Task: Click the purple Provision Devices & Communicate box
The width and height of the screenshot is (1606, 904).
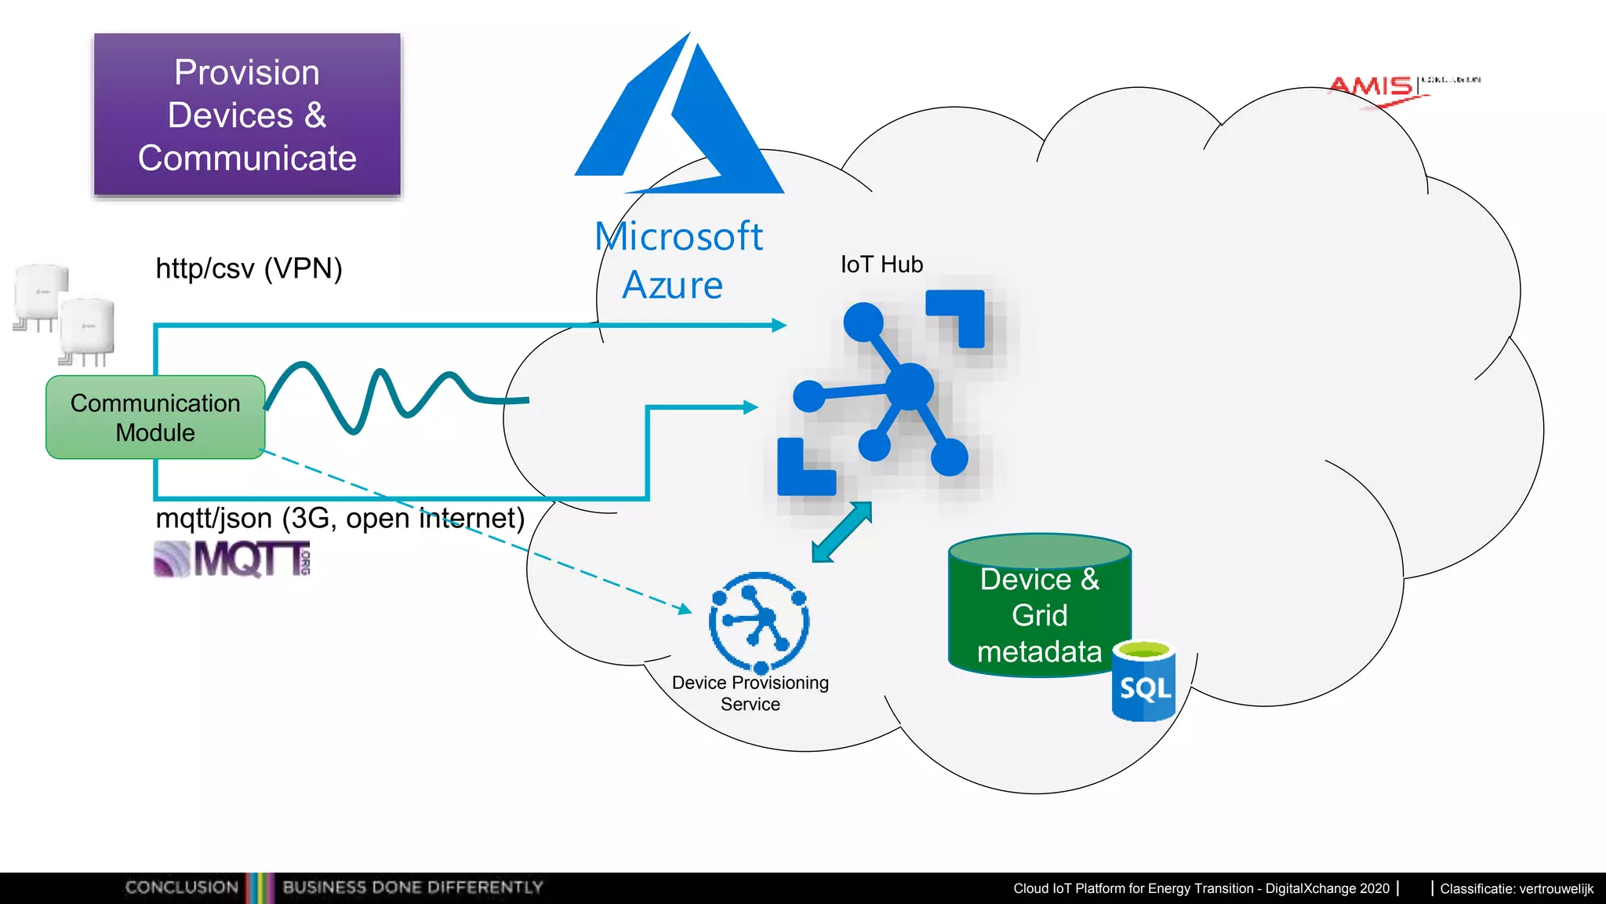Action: click(x=247, y=115)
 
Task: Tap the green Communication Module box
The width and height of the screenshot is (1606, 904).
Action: click(x=155, y=417)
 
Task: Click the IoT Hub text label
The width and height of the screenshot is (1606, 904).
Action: click(x=881, y=264)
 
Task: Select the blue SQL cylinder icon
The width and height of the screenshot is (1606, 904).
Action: click(x=1144, y=683)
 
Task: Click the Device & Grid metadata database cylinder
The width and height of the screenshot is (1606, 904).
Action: click(x=1039, y=608)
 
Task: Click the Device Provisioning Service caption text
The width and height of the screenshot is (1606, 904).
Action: click(x=750, y=693)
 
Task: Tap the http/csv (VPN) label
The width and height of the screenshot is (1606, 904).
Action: click(x=249, y=268)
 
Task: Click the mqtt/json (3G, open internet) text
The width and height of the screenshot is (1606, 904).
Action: click(x=340, y=518)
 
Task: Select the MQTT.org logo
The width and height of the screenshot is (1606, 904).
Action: click(x=233, y=560)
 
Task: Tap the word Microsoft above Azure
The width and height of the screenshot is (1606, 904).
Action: click(x=678, y=236)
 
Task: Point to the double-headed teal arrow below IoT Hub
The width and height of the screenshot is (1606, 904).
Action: click(x=841, y=532)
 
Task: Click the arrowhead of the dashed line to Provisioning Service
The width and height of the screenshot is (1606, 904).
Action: click(x=685, y=609)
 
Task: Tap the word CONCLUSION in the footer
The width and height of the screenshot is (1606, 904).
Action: click(x=181, y=887)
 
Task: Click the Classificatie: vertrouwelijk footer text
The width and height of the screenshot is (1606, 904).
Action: click(x=1516, y=888)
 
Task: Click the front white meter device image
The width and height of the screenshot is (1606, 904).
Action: click(x=87, y=330)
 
